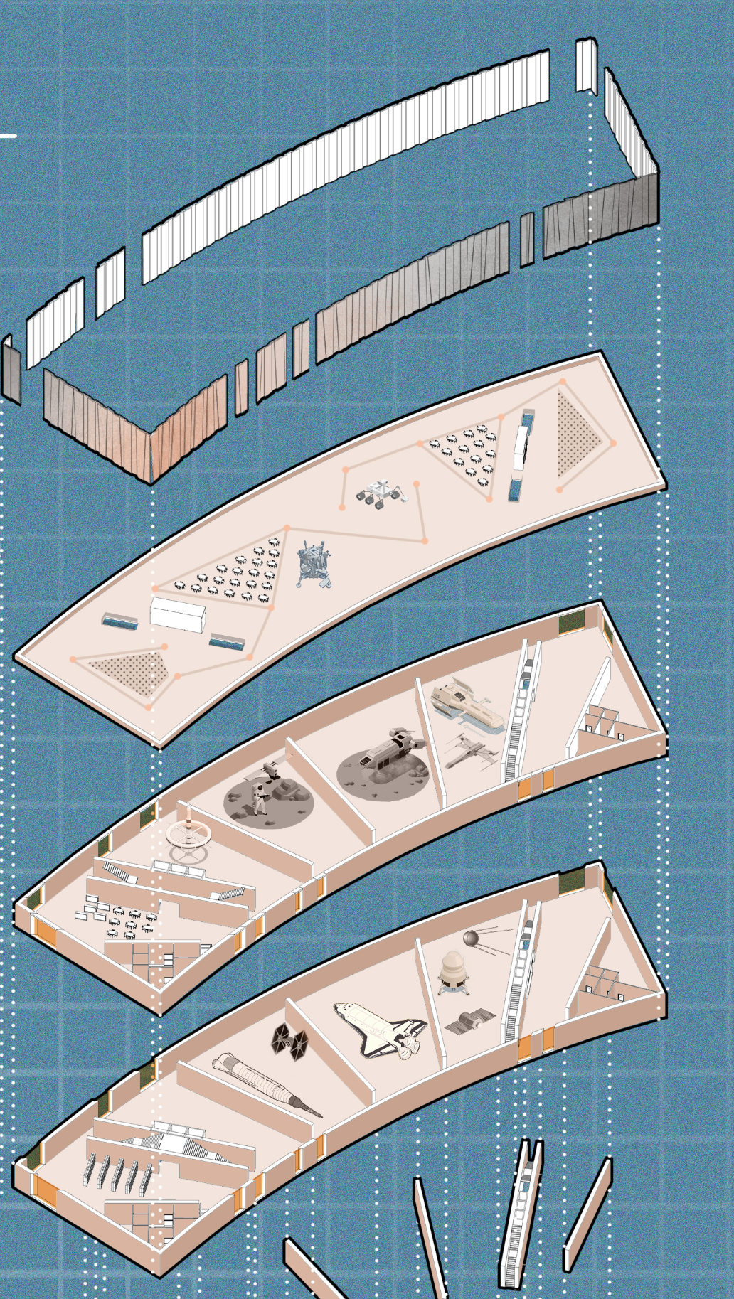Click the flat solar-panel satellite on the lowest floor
[x=469, y=1022]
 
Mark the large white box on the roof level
[x=178, y=614]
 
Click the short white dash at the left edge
[x=8, y=135]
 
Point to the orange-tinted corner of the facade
[x=151, y=448]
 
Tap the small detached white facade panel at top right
[x=586, y=65]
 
